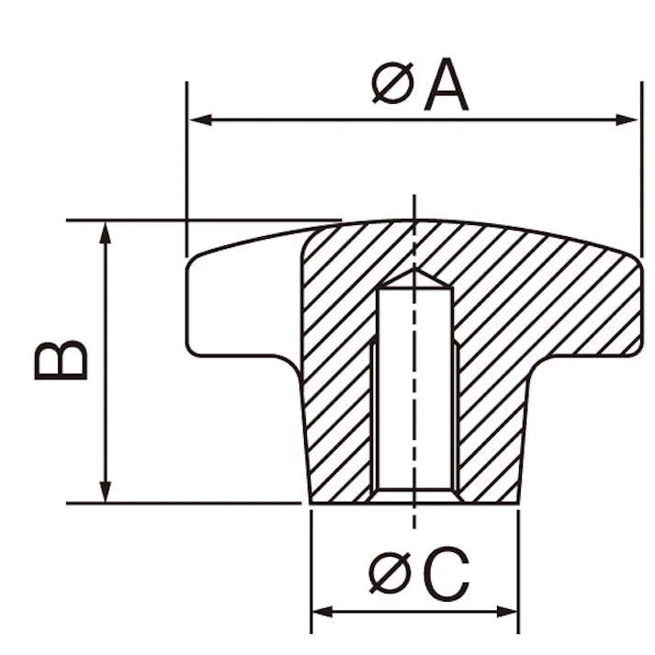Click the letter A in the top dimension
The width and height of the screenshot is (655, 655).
[446, 85]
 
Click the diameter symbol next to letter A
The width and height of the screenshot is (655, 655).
[392, 83]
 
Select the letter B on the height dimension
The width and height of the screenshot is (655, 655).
[61, 360]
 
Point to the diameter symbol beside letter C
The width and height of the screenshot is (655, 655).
[391, 572]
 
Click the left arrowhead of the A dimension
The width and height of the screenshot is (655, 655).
[200, 120]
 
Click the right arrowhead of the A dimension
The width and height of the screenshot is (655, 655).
[627, 120]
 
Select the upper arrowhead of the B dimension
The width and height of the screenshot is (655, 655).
[106, 232]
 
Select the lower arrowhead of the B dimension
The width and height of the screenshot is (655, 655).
[106, 491]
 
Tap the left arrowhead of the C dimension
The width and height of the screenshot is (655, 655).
[322, 612]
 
